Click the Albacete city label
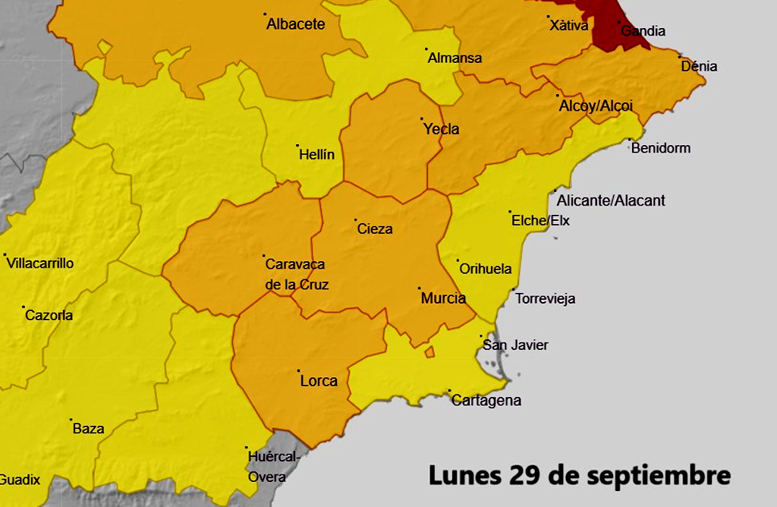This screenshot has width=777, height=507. click(295, 24)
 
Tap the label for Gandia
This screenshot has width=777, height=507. click(643, 31)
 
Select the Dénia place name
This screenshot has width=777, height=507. click(699, 66)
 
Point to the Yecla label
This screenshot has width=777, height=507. click(441, 129)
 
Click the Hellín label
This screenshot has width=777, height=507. click(316, 154)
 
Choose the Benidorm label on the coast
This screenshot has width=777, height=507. click(660, 148)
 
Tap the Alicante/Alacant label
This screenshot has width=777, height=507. click(611, 200)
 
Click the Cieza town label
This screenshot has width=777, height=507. click(375, 228)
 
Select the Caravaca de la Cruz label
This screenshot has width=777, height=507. click(296, 275)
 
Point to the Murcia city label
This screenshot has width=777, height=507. click(443, 298)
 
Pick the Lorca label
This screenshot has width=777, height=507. click(319, 381)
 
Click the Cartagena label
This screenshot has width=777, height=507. click(486, 401)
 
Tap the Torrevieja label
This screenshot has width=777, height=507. click(545, 298)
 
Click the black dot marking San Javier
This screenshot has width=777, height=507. click(481, 337)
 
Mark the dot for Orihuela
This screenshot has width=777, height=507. click(458, 260)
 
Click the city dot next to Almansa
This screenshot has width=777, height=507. click(426, 49)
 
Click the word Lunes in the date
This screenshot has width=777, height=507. click(463, 475)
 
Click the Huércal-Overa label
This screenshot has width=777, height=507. click(273, 467)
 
